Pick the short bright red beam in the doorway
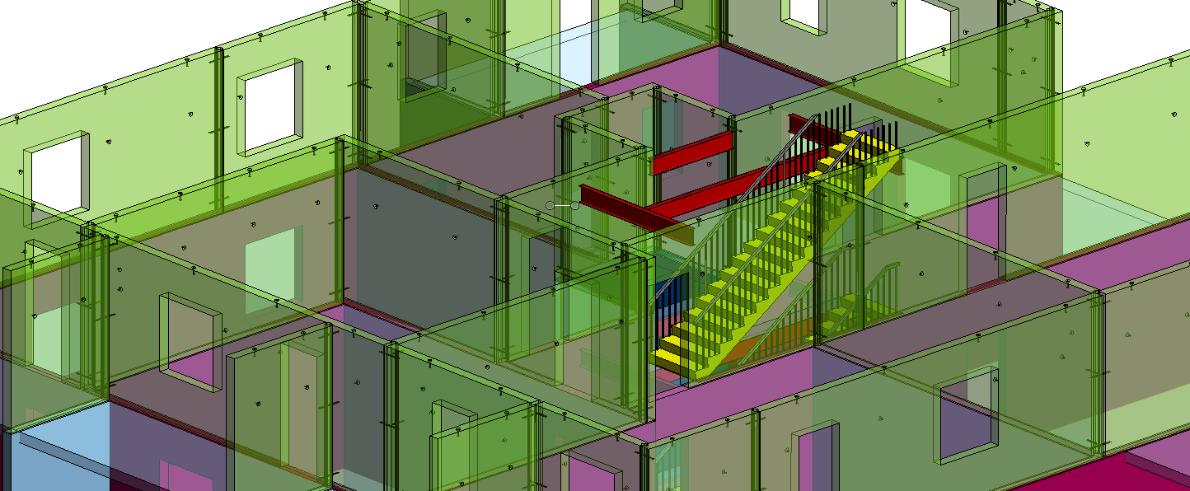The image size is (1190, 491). [692, 153]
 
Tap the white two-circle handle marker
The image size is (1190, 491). [562, 205]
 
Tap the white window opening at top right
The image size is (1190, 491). [931, 33]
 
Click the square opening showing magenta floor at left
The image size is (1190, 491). [191, 342]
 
